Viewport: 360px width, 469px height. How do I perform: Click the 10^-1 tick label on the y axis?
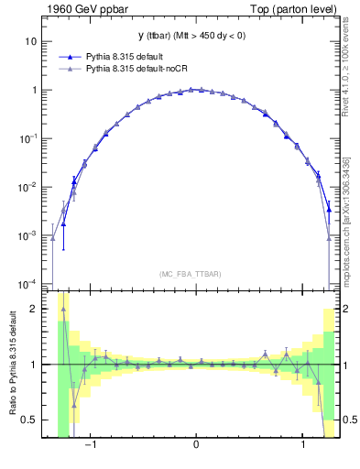tap(29, 138)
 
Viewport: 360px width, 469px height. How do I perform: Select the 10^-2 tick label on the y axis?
tap(29, 187)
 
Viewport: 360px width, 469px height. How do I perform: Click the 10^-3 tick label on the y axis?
tap(29, 235)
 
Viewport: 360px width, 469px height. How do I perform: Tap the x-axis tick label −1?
tap(90, 449)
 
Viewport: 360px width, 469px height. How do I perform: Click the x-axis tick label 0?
tap(195, 449)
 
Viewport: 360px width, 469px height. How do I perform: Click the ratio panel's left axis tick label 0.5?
tap(29, 420)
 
